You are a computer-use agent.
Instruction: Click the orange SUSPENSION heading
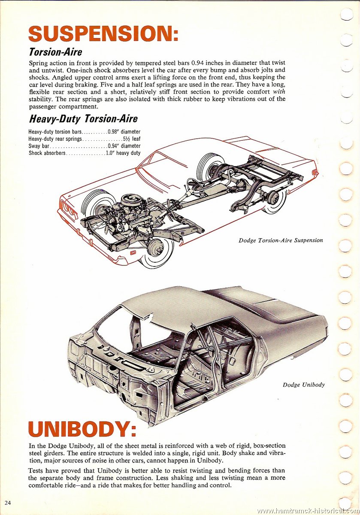[x=103, y=33]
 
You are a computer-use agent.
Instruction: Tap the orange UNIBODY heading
[x=82, y=429]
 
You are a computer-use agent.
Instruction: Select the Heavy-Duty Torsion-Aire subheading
[x=83, y=119]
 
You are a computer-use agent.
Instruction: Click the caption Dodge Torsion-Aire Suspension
[x=281, y=240]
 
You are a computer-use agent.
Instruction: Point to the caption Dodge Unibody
[x=304, y=385]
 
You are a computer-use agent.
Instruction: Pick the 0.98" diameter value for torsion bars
[x=124, y=132]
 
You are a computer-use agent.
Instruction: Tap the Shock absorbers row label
[x=47, y=153]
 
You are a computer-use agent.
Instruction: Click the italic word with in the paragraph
[x=279, y=91]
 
